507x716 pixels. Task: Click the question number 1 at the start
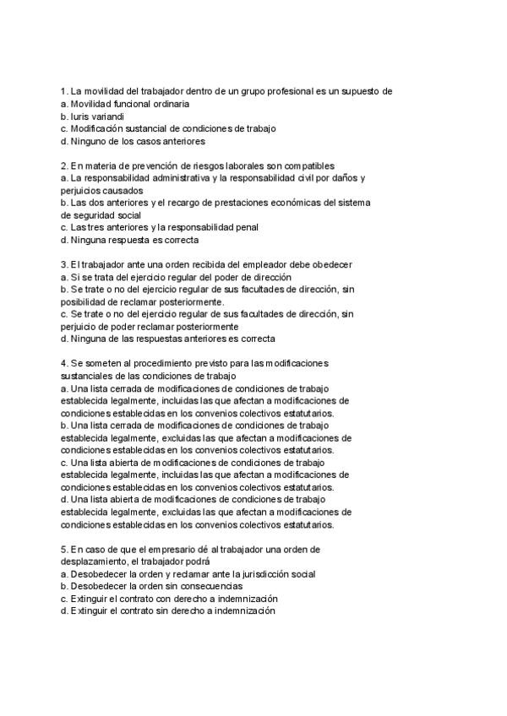pyautogui.click(x=63, y=91)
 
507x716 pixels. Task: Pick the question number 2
pyautogui.click(x=63, y=165)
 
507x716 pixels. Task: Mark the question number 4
pyautogui.click(x=63, y=363)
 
